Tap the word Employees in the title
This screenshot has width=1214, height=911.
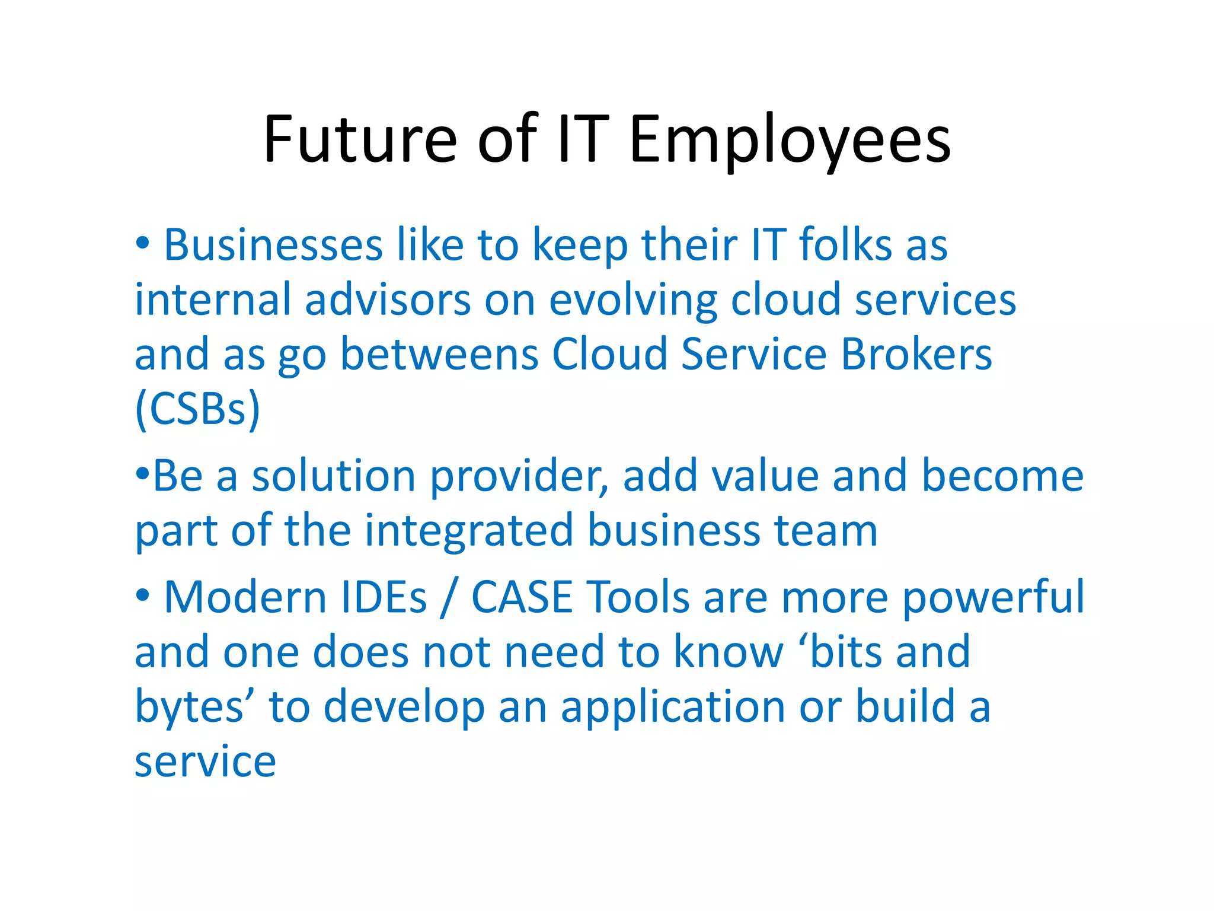click(790, 141)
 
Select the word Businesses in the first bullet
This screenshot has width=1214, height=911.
click(273, 245)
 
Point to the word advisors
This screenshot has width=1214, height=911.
click(388, 300)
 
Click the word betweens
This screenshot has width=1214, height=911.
click(439, 355)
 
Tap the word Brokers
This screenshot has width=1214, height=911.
click(916, 355)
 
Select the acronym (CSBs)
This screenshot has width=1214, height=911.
click(197, 409)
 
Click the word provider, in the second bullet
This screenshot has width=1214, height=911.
click(519, 477)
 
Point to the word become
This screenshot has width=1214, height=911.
click(1002, 476)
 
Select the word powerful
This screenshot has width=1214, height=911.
click(993, 597)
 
